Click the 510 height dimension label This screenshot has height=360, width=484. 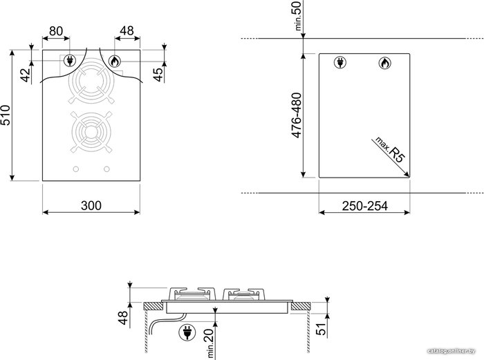[6, 115]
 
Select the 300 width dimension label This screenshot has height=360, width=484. [91, 205]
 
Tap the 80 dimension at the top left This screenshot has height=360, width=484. [56, 31]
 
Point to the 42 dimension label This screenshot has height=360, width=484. [26, 75]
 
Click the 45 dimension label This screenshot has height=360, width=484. [158, 75]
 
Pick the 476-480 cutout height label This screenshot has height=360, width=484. [297, 115]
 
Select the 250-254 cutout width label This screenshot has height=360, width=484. [364, 206]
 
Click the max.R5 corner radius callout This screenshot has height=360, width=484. [389, 150]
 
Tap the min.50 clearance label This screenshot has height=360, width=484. [296, 16]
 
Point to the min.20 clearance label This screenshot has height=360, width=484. [210, 343]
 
